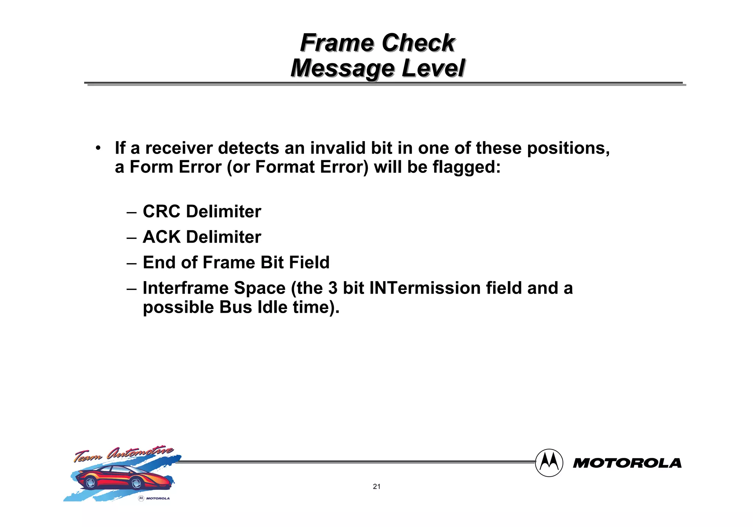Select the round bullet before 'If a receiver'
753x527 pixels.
click(x=98, y=148)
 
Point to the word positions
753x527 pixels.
click(x=568, y=148)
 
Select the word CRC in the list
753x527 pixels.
click(x=161, y=212)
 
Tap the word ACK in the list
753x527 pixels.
click(x=161, y=237)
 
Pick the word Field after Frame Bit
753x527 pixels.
click(x=309, y=263)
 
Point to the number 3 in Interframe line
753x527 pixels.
click(x=332, y=288)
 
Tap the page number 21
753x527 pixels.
click(x=376, y=487)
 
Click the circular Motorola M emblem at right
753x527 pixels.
click(x=549, y=463)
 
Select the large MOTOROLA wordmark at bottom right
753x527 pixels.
click(x=627, y=463)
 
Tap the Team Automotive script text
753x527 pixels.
click(x=123, y=454)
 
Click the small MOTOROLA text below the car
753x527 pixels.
click(x=158, y=498)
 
